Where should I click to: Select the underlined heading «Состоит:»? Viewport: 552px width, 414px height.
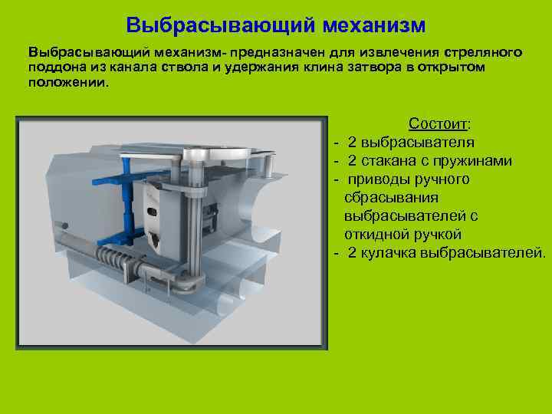pos(441,124)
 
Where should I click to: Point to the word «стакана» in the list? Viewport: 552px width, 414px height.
pos(383,161)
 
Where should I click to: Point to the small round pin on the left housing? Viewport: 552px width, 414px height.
pos(64,227)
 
